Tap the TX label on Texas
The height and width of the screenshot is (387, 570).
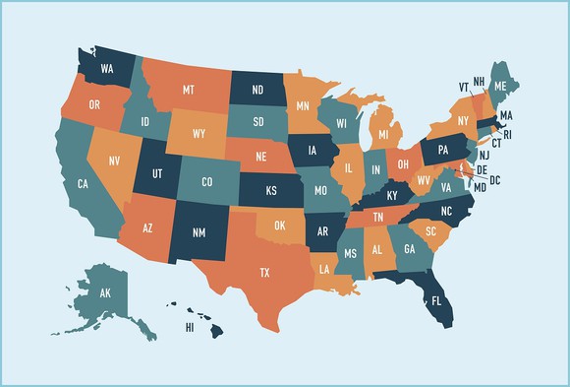click(264, 270)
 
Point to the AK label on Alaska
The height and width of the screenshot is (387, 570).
click(103, 292)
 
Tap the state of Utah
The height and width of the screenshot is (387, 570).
click(156, 171)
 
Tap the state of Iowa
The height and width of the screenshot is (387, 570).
click(313, 151)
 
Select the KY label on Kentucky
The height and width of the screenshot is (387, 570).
click(392, 196)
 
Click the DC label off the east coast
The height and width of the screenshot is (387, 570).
click(495, 179)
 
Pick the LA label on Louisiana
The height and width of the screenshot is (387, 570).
click(323, 268)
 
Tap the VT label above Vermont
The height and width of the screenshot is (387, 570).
click(463, 87)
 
